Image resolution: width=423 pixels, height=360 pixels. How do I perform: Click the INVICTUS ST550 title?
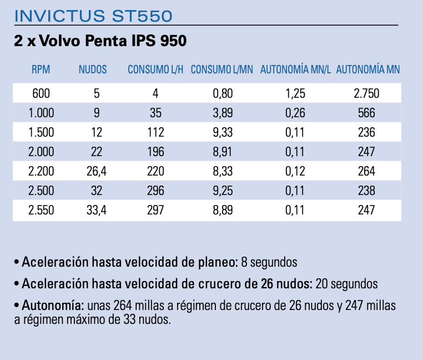click(93, 16)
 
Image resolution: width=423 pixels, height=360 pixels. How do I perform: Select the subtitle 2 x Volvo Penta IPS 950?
click(99, 42)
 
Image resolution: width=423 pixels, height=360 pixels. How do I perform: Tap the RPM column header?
click(41, 70)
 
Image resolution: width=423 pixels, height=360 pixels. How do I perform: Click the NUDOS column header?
click(93, 70)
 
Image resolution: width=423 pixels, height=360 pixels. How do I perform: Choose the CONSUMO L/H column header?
click(155, 70)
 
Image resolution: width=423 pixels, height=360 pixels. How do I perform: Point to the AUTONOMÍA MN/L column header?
click(295, 70)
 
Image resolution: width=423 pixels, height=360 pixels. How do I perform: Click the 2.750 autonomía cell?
click(366, 94)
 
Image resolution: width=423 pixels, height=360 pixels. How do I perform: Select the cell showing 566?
click(366, 113)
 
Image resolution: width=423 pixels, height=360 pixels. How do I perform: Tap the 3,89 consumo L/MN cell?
click(223, 113)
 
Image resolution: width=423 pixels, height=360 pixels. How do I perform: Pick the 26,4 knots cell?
click(97, 172)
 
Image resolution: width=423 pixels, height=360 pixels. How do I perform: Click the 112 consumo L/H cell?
click(155, 133)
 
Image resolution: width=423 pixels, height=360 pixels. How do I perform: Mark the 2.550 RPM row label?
click(41, 210)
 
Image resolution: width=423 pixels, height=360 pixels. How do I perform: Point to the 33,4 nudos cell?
click(97, 210)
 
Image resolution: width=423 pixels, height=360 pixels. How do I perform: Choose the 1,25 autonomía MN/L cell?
click(296, 94)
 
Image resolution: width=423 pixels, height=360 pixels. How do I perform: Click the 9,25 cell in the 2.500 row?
click(223, 191)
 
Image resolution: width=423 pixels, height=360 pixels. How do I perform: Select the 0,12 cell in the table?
click(296, 172)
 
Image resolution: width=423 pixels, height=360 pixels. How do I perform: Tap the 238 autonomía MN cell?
click(366, 191)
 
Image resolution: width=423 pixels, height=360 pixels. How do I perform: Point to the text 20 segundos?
click(346, 284)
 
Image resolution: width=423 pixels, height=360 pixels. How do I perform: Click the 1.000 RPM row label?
click(41, 113)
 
